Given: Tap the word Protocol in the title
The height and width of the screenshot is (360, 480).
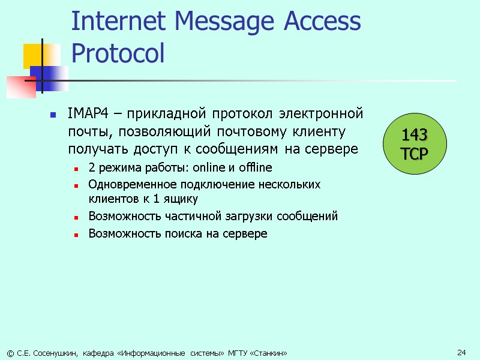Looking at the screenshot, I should tap(118, 53).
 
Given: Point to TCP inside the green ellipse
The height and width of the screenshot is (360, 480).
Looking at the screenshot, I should tap(415, 154).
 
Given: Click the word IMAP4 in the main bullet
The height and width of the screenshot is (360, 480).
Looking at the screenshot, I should tap(85, 113).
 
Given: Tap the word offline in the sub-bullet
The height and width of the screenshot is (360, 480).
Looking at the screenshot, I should tap(256, 167).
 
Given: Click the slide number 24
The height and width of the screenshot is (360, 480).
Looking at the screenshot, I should tap(461, 352).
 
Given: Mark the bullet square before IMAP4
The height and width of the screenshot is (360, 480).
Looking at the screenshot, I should tap(53, 114).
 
